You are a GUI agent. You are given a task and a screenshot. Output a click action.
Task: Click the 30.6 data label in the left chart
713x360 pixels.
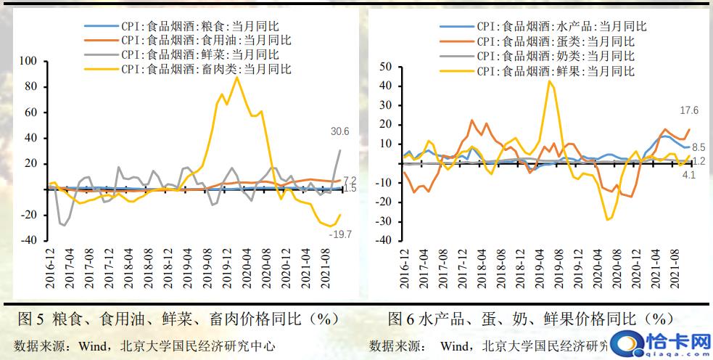pos(339,131)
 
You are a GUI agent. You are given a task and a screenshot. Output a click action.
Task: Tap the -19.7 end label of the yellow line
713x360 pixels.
pos(339,234)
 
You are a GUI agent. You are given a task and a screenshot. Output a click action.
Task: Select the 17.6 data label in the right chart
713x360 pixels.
pos(688,110)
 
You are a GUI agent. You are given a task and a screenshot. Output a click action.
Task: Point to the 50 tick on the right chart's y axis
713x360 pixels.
pos(385,67)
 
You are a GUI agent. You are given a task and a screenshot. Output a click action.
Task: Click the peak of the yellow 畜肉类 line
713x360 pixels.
pos(236,77)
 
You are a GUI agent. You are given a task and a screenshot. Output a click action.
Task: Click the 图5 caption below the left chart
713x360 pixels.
pos(178,319)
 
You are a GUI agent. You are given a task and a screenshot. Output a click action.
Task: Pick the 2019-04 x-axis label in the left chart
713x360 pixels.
pos(186,269)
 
